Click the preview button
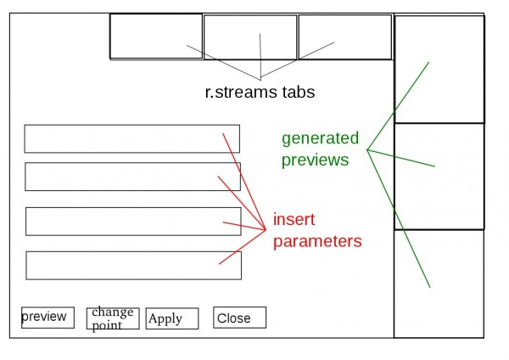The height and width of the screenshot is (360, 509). point(48,317)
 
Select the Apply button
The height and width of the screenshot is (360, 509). point(171,318)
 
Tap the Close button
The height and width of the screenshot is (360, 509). point(239,318)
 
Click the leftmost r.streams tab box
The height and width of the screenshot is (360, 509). point(155,37)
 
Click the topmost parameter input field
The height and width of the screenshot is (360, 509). point(131,138)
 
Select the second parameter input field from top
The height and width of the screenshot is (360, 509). point(132,177)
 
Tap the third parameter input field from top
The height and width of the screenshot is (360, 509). point(133,221)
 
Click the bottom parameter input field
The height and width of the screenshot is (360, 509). point(133,265)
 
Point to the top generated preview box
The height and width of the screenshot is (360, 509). point(439,69)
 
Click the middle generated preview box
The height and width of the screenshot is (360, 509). point(439,176)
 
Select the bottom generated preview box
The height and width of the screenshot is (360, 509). point(439,284)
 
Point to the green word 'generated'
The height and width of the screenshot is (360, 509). point(320,138)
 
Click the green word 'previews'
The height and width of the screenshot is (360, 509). point(315,159)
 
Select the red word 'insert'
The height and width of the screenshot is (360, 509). point(294,220)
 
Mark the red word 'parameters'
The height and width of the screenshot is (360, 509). point(317,241)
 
